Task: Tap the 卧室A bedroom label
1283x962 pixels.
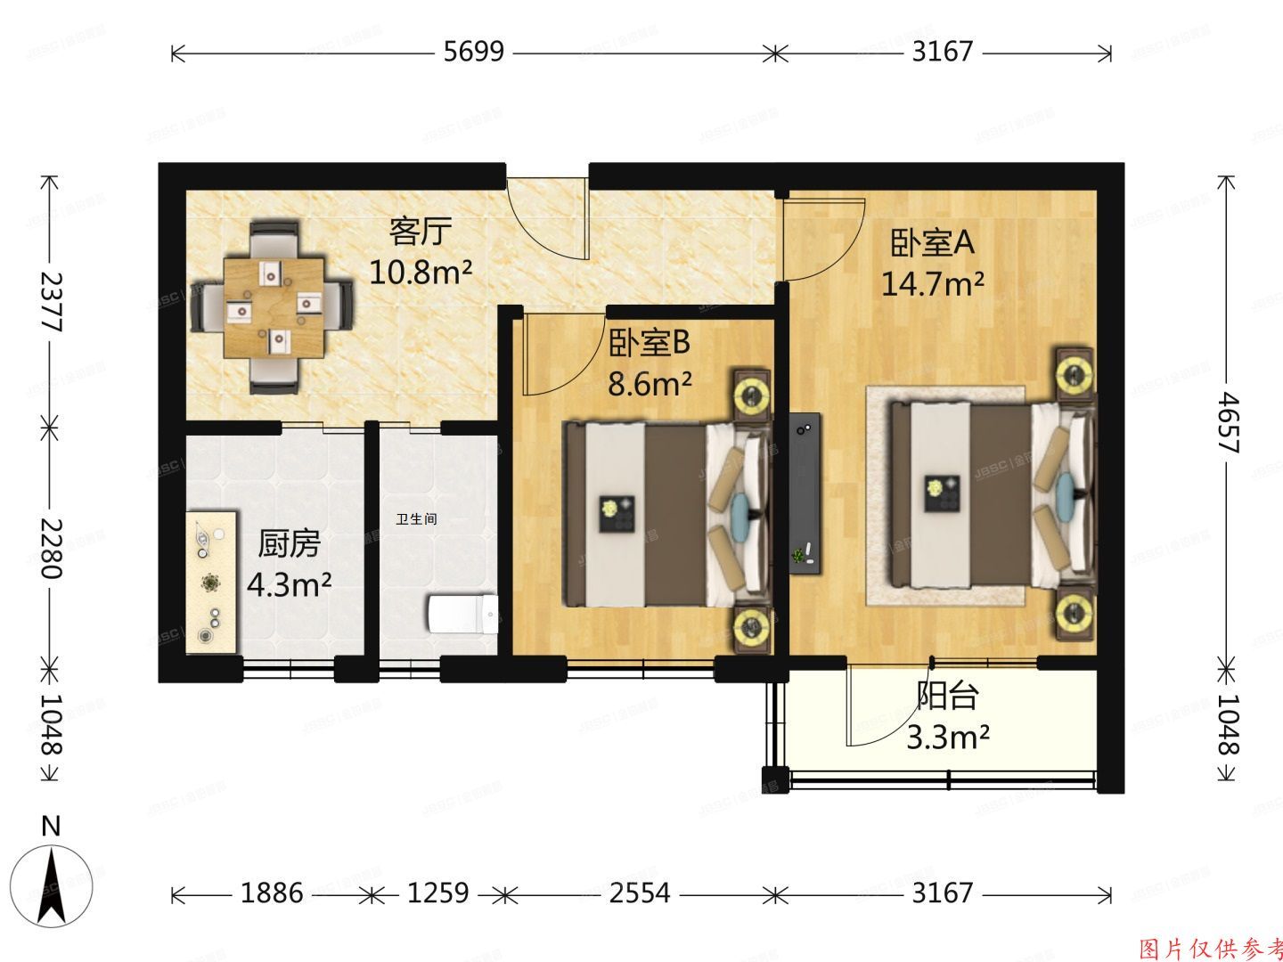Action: tap(932, 243)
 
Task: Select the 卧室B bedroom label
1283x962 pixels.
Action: tap(650, 343)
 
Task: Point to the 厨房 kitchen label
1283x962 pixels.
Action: tap(289, 543)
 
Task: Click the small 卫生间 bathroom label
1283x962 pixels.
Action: tap(417, 518)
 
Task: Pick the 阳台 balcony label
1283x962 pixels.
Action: tap(948, 696)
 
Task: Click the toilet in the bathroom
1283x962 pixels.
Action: tap(462, 614)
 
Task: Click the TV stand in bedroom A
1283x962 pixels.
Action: tap(805, 493)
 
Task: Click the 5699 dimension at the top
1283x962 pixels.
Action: tap(473, 53)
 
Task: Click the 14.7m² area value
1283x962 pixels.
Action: tap(932, 284)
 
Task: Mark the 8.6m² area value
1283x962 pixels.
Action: tap(650, 384)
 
